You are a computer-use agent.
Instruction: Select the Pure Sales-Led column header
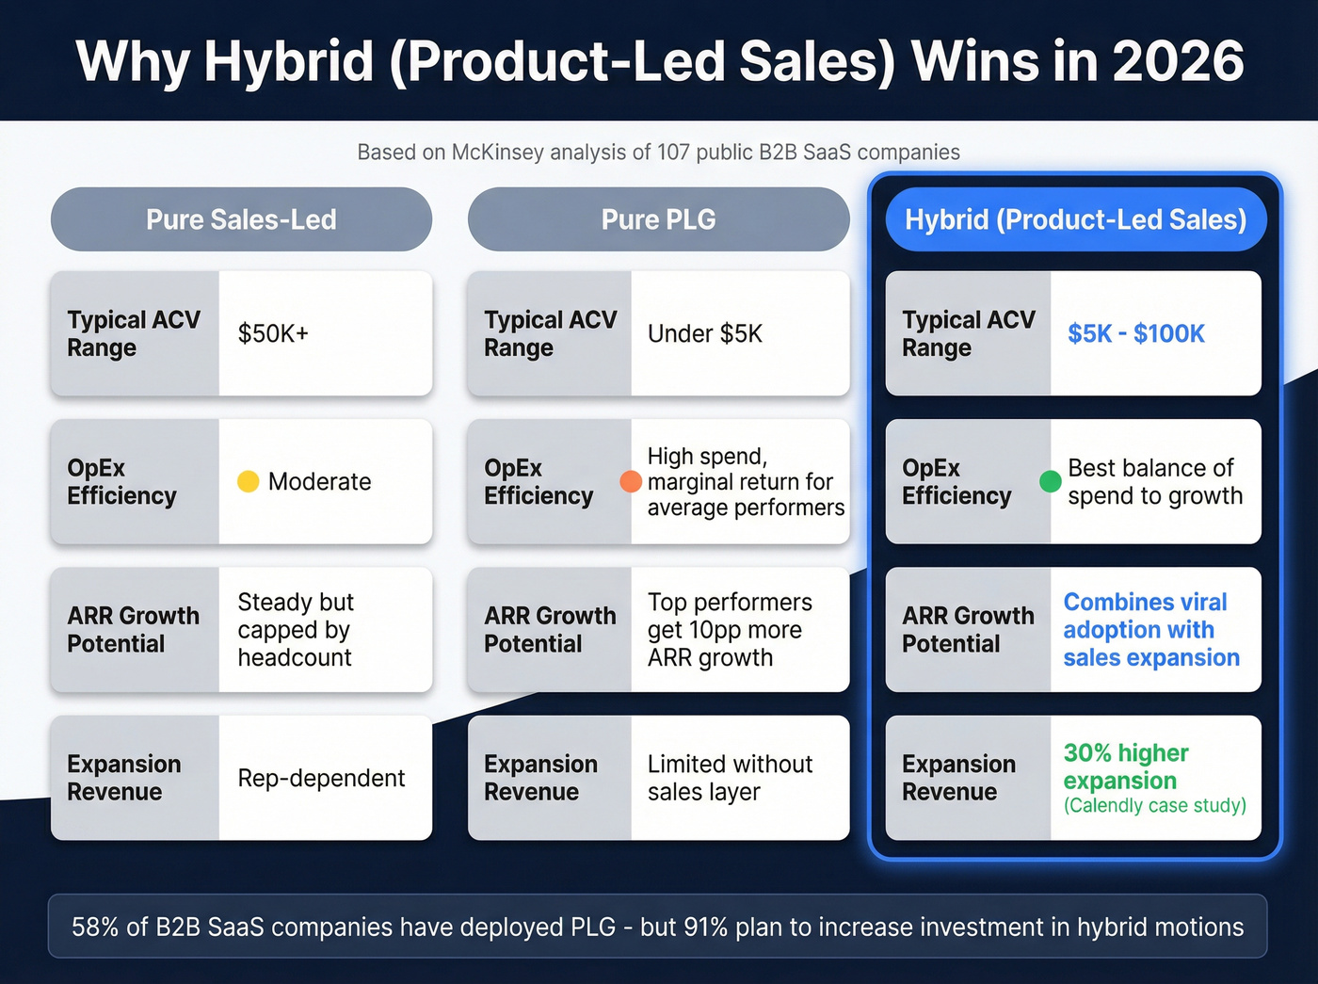(x=241, y=219)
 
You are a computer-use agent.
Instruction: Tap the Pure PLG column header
(x=658, y=219)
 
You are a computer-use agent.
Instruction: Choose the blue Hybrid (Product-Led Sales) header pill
(x=1075, y=219)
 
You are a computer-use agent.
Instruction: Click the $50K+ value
(x=273, y=333)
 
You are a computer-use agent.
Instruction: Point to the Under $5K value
(x=704, y=333)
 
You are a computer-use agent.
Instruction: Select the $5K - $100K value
(x=1135, y=333)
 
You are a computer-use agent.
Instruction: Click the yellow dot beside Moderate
(x=248, y=481)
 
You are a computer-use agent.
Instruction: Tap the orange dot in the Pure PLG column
(x=631, y=481)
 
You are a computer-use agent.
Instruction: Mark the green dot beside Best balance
(x=1050, y=481)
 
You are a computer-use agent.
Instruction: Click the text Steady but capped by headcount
(x=295, y=629)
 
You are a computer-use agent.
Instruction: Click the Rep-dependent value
(x=321, y=778)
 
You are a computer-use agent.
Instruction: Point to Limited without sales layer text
(x=729, y=778)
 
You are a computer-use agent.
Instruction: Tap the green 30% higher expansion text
(x=1126, y=766)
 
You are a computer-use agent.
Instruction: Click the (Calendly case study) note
(x=1154, y=806)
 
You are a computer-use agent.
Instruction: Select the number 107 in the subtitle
(x=673, y=153)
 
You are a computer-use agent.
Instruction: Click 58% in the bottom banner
(x=95, y=927)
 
